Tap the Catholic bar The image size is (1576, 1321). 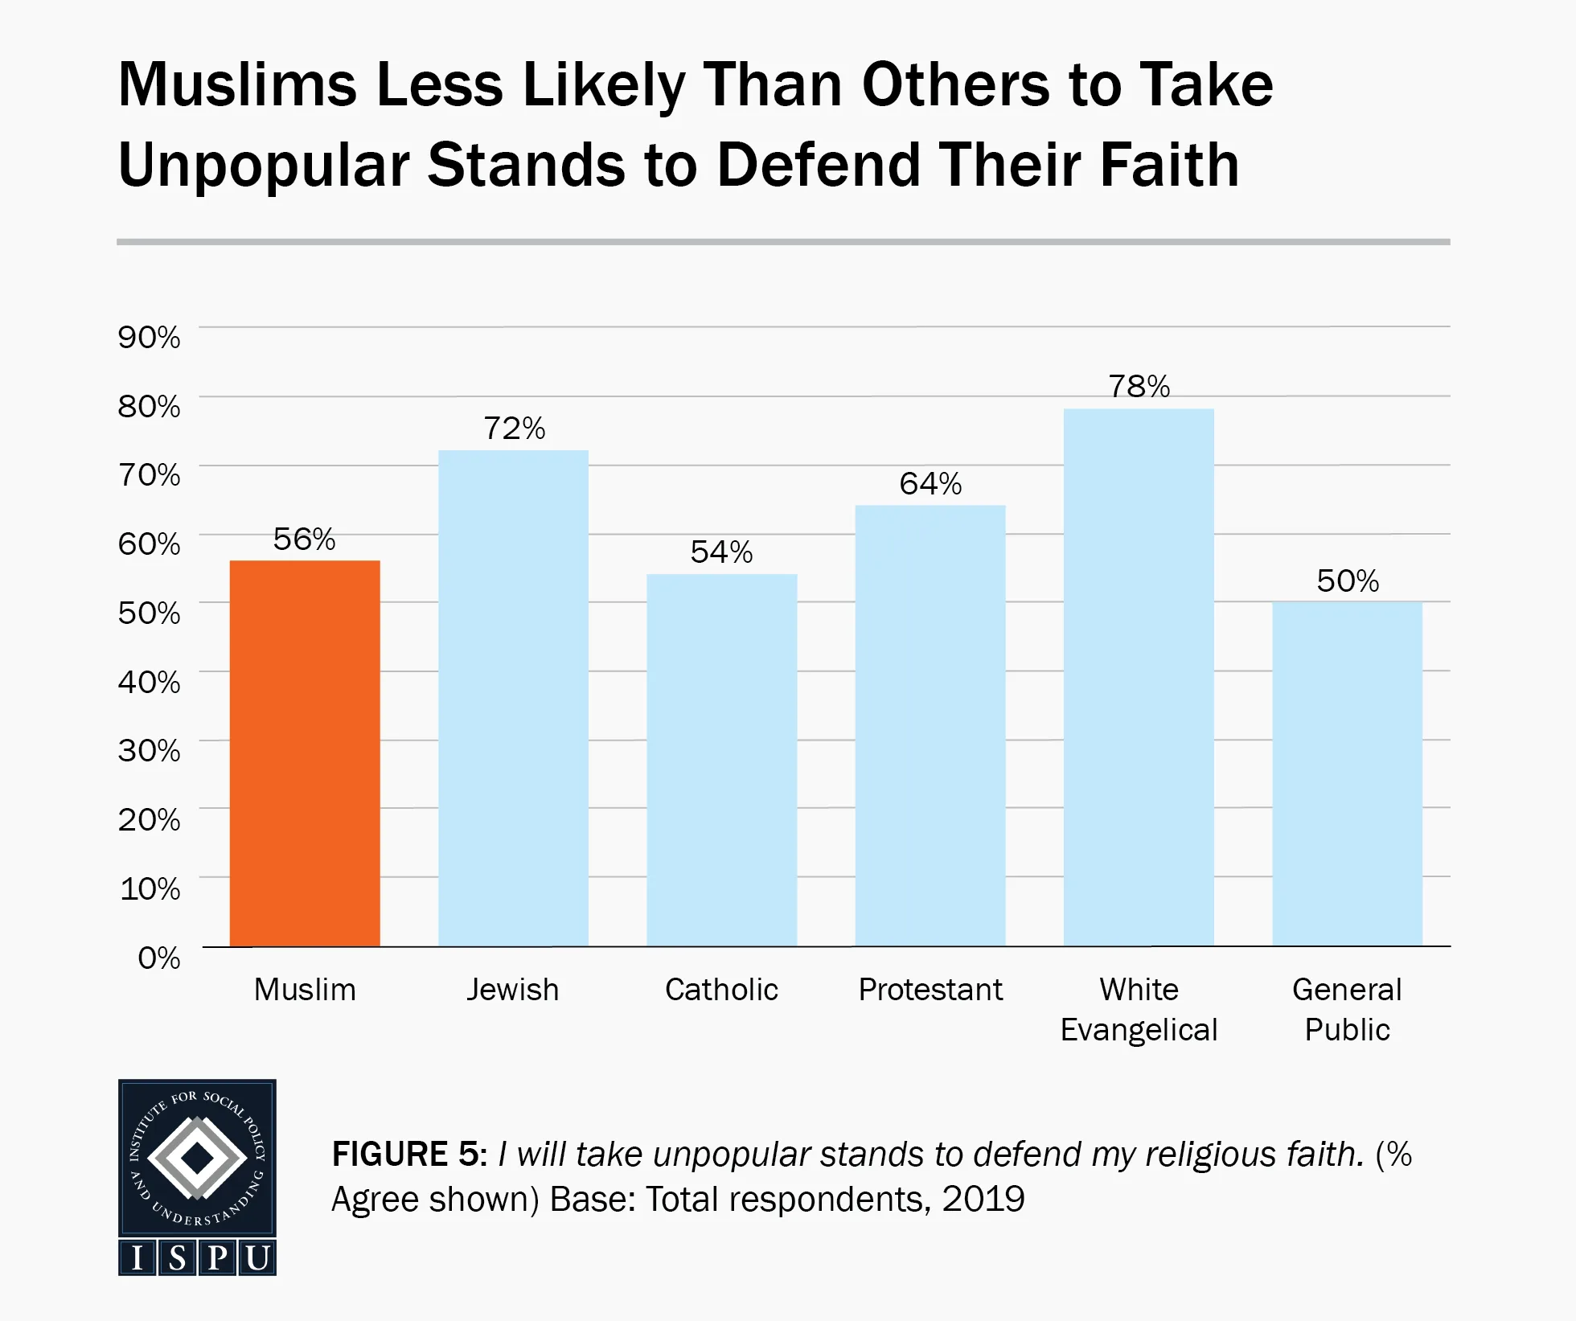(x=721, y=760)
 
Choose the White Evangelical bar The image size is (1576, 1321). (x=1139, y=677)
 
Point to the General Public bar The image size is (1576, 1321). (x=1347, y=773)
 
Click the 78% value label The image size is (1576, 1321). (x=1139, y=387)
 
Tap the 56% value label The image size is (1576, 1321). (x=304, y=539)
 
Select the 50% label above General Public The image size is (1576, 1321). (x=1347, y=581)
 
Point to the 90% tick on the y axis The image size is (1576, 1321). (x=150, y=337)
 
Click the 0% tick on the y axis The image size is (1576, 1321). (x=159, y=958)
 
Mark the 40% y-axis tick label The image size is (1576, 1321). (x=150, y=682)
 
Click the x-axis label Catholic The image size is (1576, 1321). (x=721, y=990)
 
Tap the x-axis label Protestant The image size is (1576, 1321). (x=930, y=990)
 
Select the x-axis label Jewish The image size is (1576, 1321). (x=513, y=990)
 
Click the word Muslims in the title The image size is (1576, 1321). (x=237, y=84)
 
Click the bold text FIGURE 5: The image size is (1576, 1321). (x=409, y=1155)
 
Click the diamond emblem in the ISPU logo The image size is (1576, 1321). (x=197, y=1159)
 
